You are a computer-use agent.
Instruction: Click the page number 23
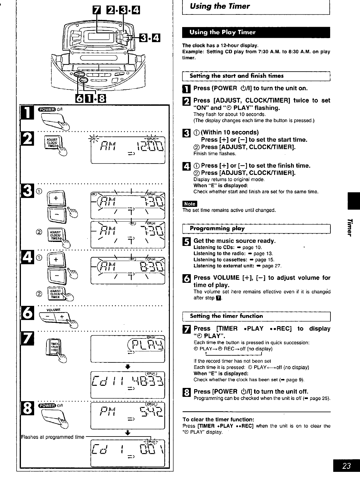tap(346, 466)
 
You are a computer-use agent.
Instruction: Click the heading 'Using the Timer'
tap(219, 6)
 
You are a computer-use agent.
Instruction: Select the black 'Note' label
tap(190, 203)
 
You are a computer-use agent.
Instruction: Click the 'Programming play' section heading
tap(217, 229)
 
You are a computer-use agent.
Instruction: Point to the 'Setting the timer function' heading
tap(226, 316)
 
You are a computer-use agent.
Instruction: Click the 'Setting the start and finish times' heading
tap(236, 76)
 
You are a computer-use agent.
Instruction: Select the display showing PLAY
tap(128, 349)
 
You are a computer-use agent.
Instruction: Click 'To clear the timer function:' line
tap(218, 419)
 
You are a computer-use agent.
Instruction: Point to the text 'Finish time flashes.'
tap(210, 153)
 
